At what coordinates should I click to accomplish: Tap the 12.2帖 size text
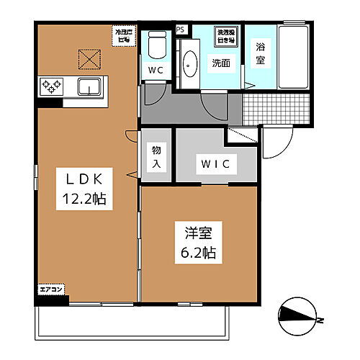tap(81, 199)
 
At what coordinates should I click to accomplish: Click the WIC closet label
tap(215, 165)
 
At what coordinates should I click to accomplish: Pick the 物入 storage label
tap(156, 156)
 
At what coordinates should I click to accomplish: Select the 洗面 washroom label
tap(220, 63)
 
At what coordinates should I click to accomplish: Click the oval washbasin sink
tap(190, 65)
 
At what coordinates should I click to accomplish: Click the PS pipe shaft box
tap(180, 30)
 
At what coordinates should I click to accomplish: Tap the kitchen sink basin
tap(89, 87)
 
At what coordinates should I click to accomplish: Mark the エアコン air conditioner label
tap(52, 289)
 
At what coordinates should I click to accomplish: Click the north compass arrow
tap(297, 312)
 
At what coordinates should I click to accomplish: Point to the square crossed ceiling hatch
tap(89, 58)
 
